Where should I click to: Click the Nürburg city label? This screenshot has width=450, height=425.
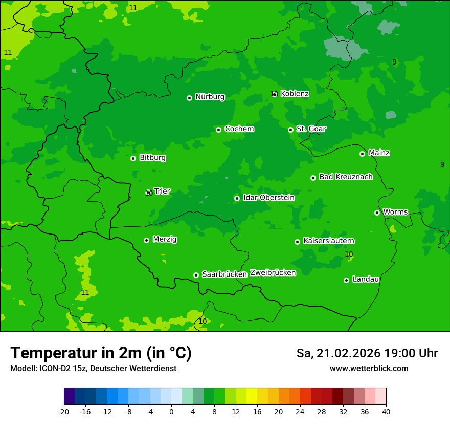(x=210, y=97)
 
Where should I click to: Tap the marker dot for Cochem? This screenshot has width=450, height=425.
(x=218, y=130)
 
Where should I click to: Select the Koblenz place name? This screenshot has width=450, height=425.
(x=295, y=94)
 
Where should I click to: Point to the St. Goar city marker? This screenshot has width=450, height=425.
(x=290, y=130)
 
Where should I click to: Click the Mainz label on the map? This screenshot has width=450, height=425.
(x=379, y=153)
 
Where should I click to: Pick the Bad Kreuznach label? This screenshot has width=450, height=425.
(x=346, y=177)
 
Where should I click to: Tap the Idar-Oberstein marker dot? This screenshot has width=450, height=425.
(x=237, y=198)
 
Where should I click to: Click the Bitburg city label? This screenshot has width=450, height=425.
(x=152, y=158)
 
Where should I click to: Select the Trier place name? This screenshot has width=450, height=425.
(x=162, y=192)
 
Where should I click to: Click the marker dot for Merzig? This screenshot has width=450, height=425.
(x=146, y=240)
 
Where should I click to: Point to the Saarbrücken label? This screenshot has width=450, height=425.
(x=224, y=274)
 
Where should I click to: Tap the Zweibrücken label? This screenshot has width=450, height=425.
(x=273, y=273)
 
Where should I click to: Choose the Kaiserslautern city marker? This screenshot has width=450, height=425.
(x=297, y=242)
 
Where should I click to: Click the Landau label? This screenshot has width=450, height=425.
(x=366, y=280)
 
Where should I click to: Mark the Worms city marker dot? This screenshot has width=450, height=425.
(x=377, y=213)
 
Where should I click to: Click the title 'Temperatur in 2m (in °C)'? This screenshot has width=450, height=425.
(x=101, y=353)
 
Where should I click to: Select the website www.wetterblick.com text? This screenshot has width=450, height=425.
(x=369, y=369)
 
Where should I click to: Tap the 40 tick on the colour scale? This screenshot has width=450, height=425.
(x=386, y=411)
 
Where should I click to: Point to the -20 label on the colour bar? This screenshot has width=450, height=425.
(x=64, y=411)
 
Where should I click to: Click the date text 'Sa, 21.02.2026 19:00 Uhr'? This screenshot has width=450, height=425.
(x=367, y=353)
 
